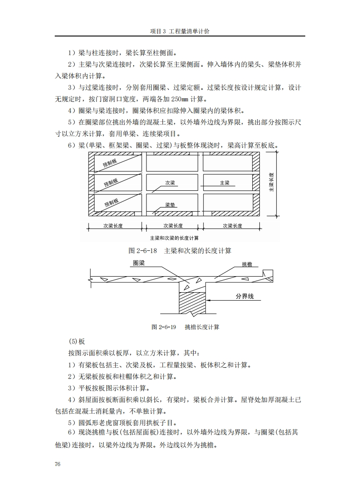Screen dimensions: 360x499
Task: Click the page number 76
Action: (57, 464)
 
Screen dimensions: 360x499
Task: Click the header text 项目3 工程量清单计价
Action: (180, 32)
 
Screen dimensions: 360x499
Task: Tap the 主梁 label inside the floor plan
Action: (225, 183)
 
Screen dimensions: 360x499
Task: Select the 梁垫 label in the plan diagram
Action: (170, 205)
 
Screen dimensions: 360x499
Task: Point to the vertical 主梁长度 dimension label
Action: (271, 182)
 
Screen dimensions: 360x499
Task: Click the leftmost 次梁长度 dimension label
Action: (113, 225)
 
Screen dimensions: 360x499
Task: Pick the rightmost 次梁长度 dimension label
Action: (232, 225)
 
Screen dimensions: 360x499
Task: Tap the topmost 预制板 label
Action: (111, 163)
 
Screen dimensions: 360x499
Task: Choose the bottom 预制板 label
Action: (112, 202)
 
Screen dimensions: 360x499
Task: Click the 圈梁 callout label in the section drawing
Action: (139, 263)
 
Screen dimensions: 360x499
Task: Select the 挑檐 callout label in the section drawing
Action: (247, 264)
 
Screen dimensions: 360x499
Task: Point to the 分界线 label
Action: (245, 297)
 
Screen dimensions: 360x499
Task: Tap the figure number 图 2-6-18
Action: (142, 251)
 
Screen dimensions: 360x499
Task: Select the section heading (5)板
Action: (77, 342)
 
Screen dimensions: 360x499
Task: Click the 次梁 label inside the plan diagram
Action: (170, 183)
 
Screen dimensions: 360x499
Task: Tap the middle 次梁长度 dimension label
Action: (173, 225)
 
